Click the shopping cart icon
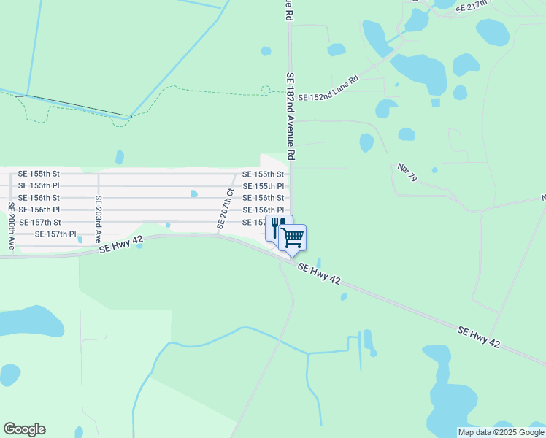point(292,237)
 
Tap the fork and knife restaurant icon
point(278,226)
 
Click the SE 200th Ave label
point(11,227)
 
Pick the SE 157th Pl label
point(55,234)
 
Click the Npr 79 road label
point(407,172)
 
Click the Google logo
point(24,429)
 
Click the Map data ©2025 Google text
point(501,432)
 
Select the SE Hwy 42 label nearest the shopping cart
point(319,274)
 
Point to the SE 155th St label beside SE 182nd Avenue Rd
point(263,174)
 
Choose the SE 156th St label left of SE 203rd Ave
point(39,198)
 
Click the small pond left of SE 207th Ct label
point(193,193)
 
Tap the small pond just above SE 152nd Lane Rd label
point(337,50)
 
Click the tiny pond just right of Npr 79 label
point(434,170)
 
